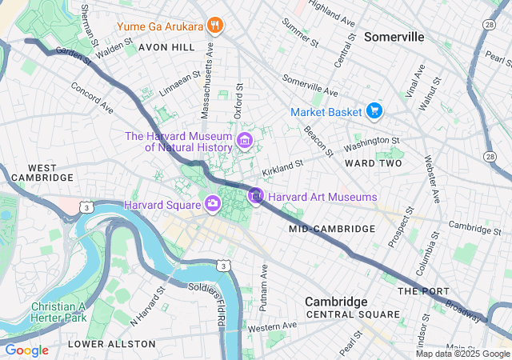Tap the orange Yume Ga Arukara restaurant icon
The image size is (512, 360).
pos(214,26)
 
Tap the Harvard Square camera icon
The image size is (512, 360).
pos(213,204)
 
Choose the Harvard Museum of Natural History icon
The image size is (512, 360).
pos(246,142)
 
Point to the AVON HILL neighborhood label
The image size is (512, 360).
pos(166,47)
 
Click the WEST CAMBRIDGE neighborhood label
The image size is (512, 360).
pos(34,174)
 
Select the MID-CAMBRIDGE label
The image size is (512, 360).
pos(332,229)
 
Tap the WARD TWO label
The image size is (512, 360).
pos(372,163)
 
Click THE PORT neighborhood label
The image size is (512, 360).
pos(418,290)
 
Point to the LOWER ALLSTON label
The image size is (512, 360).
pos(112,343)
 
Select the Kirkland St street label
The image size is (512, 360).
pos(282,167)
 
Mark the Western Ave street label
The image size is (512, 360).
pos(271,326)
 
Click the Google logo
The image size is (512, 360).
pos(26,350)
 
